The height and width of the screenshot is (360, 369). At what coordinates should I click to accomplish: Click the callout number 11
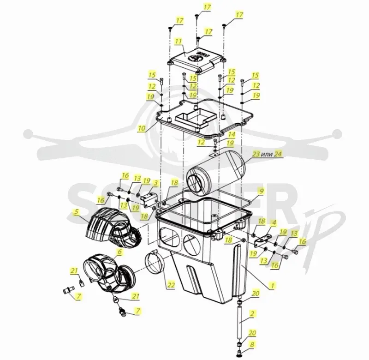coord(179,42)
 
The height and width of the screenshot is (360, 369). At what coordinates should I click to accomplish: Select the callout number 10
coord(142,128)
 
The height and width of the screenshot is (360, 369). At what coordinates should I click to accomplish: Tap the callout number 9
coord(261,191)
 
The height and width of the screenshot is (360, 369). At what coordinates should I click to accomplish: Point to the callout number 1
coord(273,286)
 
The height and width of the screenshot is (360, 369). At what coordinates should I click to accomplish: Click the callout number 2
coord(252,314)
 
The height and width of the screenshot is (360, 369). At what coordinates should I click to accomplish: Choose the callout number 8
coord(252,345)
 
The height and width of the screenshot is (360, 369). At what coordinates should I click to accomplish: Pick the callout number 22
coord(171,285)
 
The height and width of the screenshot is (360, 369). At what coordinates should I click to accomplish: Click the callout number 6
coord(120,252)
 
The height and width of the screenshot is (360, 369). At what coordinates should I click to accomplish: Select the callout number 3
coord(156,183)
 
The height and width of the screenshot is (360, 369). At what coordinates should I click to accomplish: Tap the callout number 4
coord(274,222)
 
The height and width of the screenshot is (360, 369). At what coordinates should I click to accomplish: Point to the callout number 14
coord(232,134)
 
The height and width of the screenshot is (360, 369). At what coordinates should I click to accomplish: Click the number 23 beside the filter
coord(256,154)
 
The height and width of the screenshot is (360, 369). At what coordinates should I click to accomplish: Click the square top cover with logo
coord(196,60)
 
